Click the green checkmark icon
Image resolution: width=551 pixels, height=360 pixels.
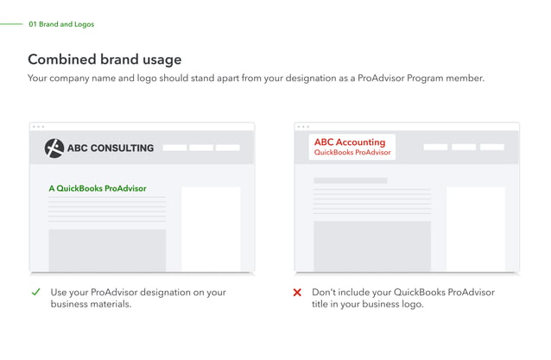coord(35,292)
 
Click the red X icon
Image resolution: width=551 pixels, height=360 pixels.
coord(297,293)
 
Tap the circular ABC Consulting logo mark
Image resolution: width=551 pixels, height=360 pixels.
coord(54,148)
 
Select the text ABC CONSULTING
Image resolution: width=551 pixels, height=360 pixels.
coord(110,148)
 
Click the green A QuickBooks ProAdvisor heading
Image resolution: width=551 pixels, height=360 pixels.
coord(98,188)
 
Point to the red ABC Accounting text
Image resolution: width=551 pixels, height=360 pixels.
coord(349,142)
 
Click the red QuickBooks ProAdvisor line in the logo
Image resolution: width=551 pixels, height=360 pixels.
coord(352,153)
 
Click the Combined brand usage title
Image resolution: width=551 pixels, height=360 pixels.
coord(104,60)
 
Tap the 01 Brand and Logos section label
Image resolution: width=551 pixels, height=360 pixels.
coord(61,24)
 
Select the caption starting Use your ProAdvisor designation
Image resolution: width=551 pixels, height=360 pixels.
coord(137,298)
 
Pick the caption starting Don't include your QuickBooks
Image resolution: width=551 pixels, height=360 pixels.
coord(402,298)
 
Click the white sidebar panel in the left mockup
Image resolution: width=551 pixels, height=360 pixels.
coord(211,228)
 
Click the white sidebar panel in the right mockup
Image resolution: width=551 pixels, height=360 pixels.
coord(475,228)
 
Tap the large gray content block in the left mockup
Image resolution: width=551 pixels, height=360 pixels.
coord(107,249)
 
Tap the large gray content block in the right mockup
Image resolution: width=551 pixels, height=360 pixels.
coord(371,246)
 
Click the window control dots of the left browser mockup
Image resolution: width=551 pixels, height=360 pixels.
coord(38,127)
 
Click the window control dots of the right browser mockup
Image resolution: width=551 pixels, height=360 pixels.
coord(302,127)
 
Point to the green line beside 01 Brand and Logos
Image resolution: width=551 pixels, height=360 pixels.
coord(11,24)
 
